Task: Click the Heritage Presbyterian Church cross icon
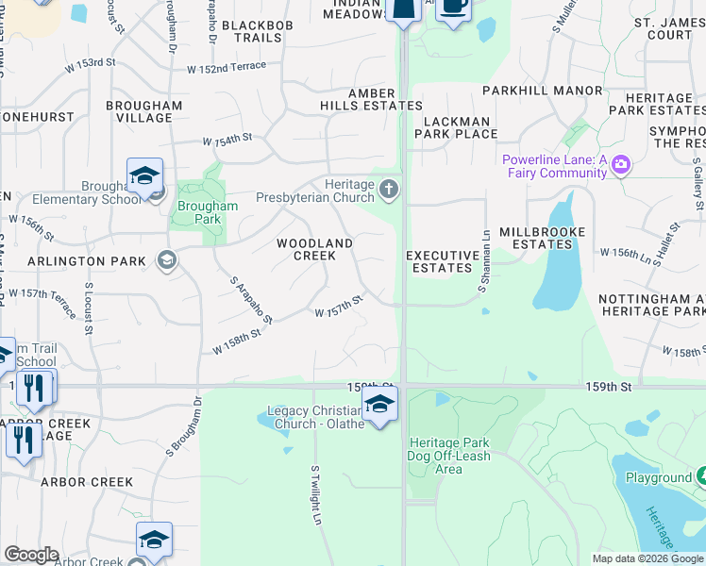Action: pos(388,191)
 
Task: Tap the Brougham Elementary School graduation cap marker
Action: pos(145,176)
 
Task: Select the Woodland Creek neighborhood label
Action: pos(314,249)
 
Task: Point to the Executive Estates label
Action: pos(443,261)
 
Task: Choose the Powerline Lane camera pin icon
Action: pos(620,165)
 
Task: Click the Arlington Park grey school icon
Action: pos(167,260)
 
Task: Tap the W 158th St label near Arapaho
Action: pos(235,341)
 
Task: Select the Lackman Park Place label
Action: pos(461,127)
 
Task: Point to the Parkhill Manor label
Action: pos(542,91)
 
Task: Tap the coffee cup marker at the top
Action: pos(454,8)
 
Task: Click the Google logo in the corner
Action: pos(31,555)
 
